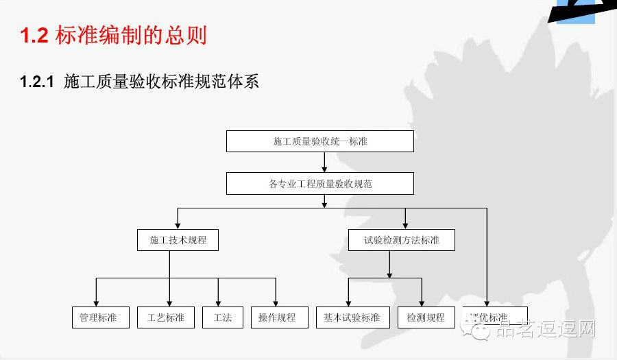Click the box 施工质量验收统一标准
tap(320, 141)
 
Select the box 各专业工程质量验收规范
tap(320, 184)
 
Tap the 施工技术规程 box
tap(178, 240)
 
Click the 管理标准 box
tap(100, 317)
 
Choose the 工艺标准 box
tap(166, 317)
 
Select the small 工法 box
tap(223, 317)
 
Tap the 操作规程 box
tap(278, 317)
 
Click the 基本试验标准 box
tap(352, 317)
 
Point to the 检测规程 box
tap(426, 317)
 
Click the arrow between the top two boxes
tap(324, 162)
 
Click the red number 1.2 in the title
tap(34, 36)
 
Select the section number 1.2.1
tap(37, 82)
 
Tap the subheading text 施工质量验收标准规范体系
tap(161, 82)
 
